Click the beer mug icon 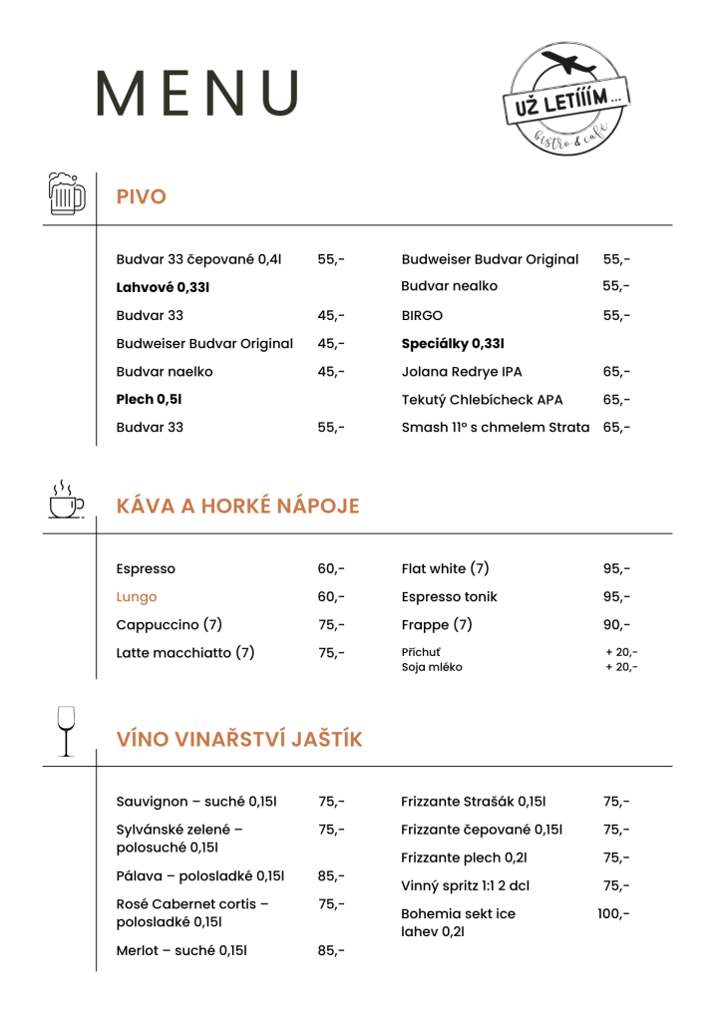66,192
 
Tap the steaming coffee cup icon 66,500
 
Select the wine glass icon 66,731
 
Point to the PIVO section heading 141,197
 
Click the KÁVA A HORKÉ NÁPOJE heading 237,507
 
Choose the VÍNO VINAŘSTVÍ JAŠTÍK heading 239,740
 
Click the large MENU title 197,95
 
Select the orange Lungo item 137,597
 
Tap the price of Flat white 616,569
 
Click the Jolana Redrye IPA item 461,372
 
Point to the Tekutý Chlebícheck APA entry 482,400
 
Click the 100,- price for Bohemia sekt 613,913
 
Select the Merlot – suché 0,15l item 180,950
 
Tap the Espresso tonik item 449,597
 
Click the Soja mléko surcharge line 432,667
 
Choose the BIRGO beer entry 422,316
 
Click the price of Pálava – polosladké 331,876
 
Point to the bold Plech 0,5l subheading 149,400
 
